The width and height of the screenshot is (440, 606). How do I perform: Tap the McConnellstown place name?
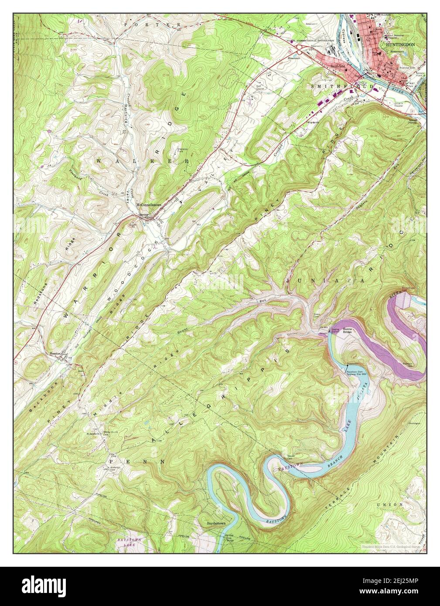pyautogui.click(x=149, y=204)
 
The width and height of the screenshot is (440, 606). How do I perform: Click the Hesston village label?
pyautogui.click(x=55, y=354)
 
